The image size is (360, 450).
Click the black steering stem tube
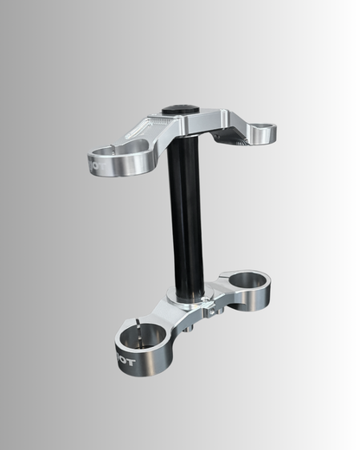(x=187, y=216)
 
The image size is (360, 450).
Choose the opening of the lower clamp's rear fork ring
(x=246, y=280)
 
